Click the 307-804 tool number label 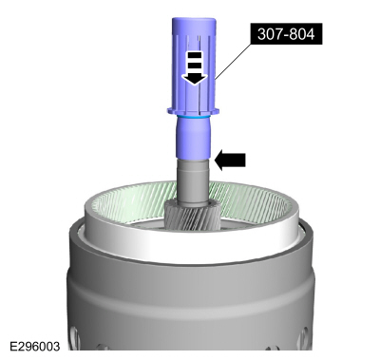pos(286,33)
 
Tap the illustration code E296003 pos(34,346)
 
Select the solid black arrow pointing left pos(230,160)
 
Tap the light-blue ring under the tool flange pos(193,117)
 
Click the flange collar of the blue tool pos(193,111)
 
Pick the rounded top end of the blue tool pos(194,22)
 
